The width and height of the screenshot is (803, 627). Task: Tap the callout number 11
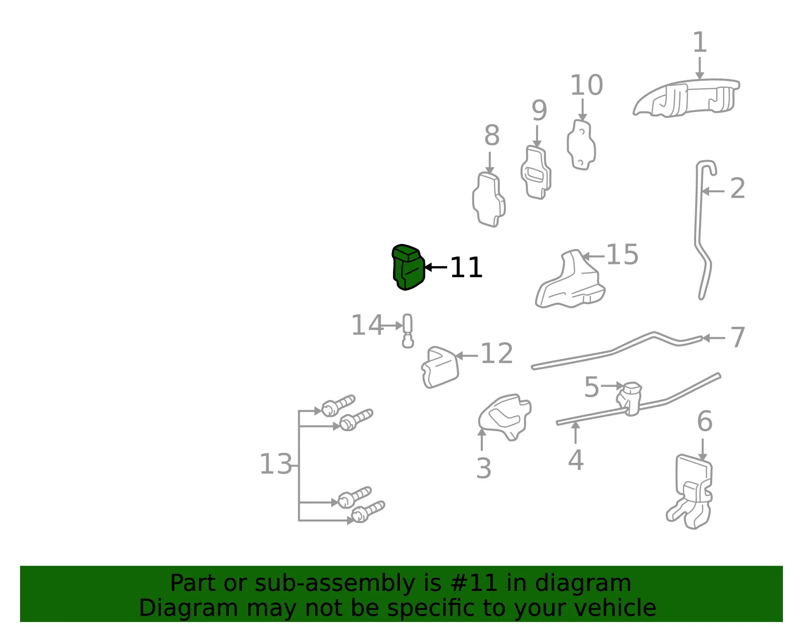[466, 268]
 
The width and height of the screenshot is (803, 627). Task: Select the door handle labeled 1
[687, 98]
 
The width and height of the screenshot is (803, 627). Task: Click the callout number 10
[587, 85]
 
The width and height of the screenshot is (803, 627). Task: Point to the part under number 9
[536, 173]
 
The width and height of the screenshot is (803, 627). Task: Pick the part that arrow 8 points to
[489, 199]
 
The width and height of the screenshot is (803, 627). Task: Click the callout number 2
[738, 188]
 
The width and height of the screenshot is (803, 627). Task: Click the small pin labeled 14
[408, 331]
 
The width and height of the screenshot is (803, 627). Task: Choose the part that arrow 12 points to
[440, 367]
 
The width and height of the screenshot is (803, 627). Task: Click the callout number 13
[276, 464]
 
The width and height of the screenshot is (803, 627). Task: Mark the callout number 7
[738, 337]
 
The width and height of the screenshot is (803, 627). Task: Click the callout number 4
[576, 460]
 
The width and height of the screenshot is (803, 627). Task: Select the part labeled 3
[505, 416]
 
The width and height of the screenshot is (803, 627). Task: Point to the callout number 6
[705, 421]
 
